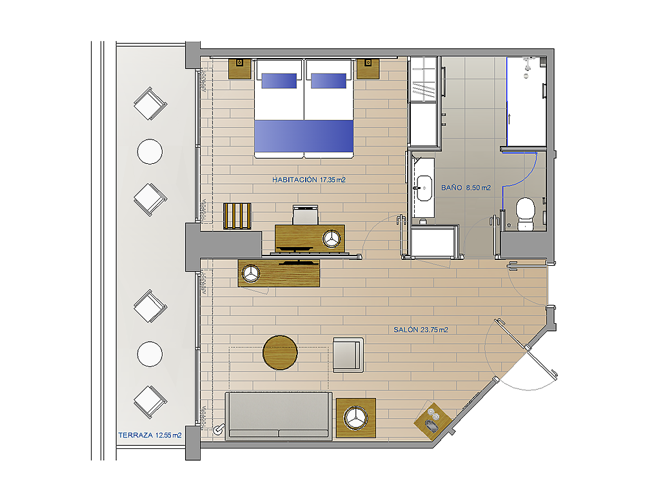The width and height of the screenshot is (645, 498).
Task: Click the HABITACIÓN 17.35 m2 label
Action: click(x=308, y=180)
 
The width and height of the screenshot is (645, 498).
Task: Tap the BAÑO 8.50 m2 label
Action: click(x=466, y=188)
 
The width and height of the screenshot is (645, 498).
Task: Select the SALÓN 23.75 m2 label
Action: click(x=421, y=330)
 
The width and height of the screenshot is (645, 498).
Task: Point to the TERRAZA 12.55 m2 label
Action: click(x=150, y=435)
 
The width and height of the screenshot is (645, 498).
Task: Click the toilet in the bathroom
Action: click(x=525, y=214)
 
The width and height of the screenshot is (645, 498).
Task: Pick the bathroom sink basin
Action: click(x=424, y=188)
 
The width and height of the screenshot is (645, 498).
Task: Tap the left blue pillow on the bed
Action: click(x=279, y=81)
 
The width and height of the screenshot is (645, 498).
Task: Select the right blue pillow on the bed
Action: click(x=329, y=81)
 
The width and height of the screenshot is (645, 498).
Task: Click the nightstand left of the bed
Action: click(x=239, y=68)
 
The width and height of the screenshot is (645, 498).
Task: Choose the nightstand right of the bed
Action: click(x=368, y=68)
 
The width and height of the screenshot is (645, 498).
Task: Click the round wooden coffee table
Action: click(x=280, y=353)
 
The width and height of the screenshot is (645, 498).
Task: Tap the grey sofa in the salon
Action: click(x=279, y=415)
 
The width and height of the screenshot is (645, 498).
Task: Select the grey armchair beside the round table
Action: click(x=348, y=355)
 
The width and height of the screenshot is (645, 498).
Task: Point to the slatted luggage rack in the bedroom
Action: click(x=237, y=216)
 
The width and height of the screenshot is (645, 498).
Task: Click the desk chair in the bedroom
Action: click(x=306, y=215)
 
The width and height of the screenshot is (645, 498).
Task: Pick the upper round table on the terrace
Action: click(x=150, y=152)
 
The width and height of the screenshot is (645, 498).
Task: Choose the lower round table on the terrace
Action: click(x=150, y=354)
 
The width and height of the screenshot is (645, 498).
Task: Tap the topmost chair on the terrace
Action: click(x=150, y=103)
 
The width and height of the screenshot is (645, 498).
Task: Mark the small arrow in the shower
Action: click(x=510, y=119)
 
